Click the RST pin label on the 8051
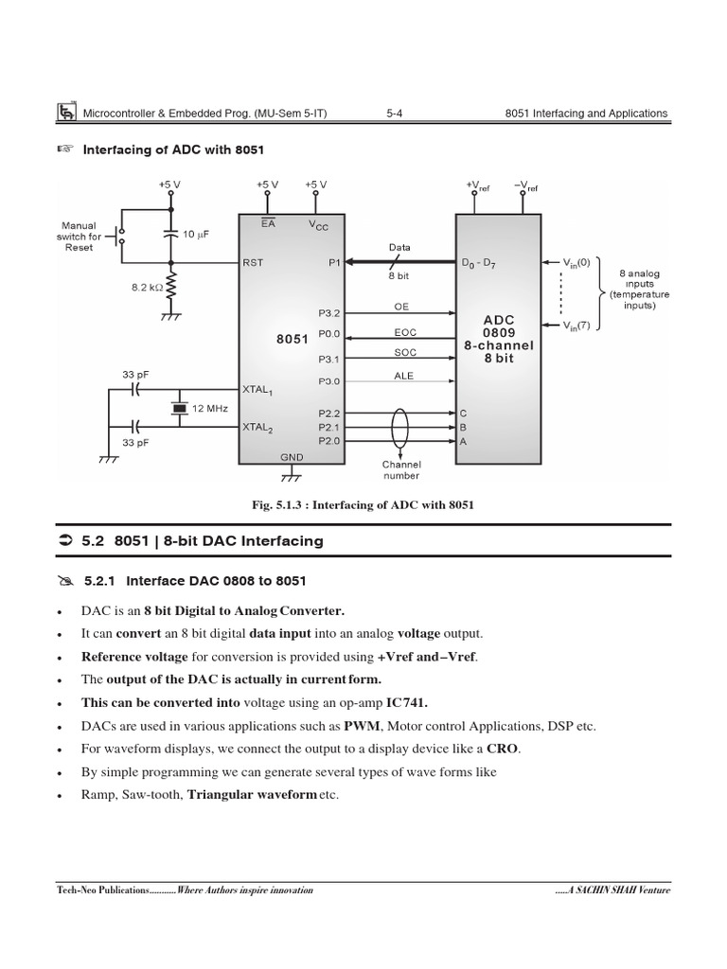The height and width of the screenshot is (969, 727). [x=254, y=264]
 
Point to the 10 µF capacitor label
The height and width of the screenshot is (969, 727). [x=196, y=234]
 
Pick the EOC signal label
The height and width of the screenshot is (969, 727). [x=405, y=332]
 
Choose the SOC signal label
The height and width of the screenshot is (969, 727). [x=405, y=352]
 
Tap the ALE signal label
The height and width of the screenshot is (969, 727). [x=404, y=376]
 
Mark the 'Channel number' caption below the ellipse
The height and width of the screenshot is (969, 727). [x=401, y=469]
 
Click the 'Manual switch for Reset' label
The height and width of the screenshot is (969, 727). [x=79, y=237]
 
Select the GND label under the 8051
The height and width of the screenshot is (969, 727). [x=292, y=457]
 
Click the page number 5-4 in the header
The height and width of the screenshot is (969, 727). [x=395, y=114]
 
